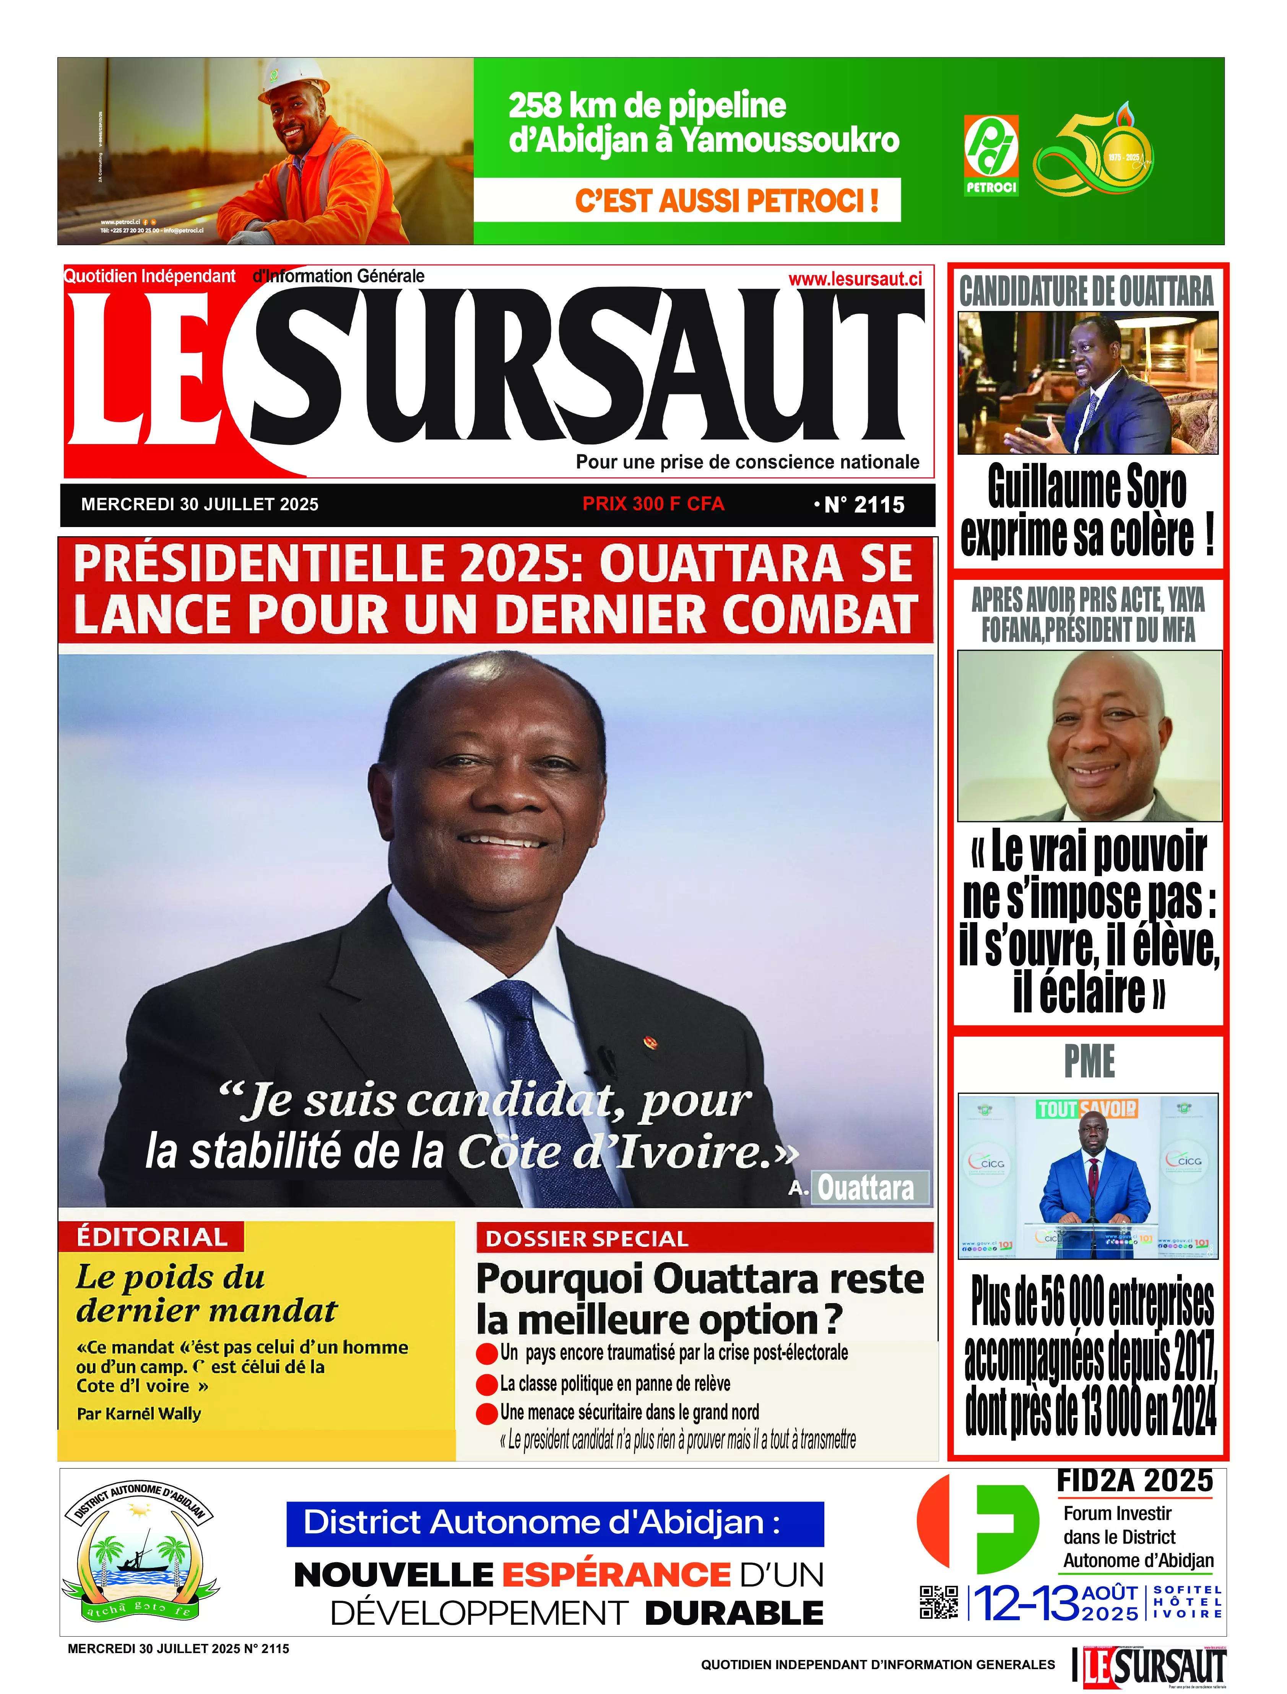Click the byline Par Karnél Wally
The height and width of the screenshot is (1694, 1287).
pos(139,1414)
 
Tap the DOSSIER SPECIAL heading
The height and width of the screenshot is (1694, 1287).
pos(587,1239)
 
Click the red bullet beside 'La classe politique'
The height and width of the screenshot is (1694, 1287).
pos(486,1385)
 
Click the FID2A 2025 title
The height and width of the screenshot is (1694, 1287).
pos(1134,1481)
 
